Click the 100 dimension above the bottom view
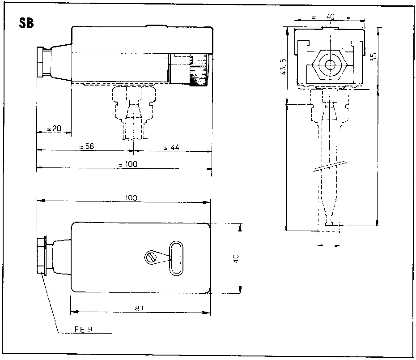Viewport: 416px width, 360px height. click(x=131, y=197)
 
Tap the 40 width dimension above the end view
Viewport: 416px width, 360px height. click(x=330, y=17)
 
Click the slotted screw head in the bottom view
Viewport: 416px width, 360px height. click(x=151, y=257)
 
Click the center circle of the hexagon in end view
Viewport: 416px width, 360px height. click(x=330, y=64)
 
